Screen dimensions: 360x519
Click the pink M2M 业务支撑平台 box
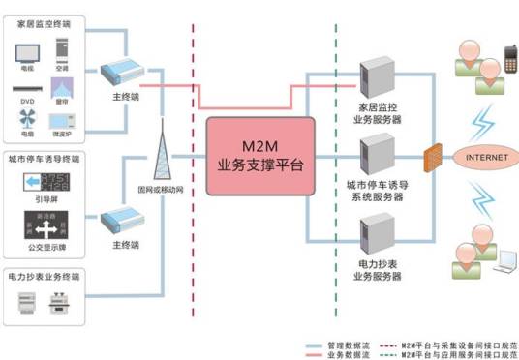coord(260,155)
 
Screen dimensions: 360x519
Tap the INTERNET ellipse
coord(486,158)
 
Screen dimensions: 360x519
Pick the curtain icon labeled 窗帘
coord(63,88)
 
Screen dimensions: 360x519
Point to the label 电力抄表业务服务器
coord(372,270)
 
